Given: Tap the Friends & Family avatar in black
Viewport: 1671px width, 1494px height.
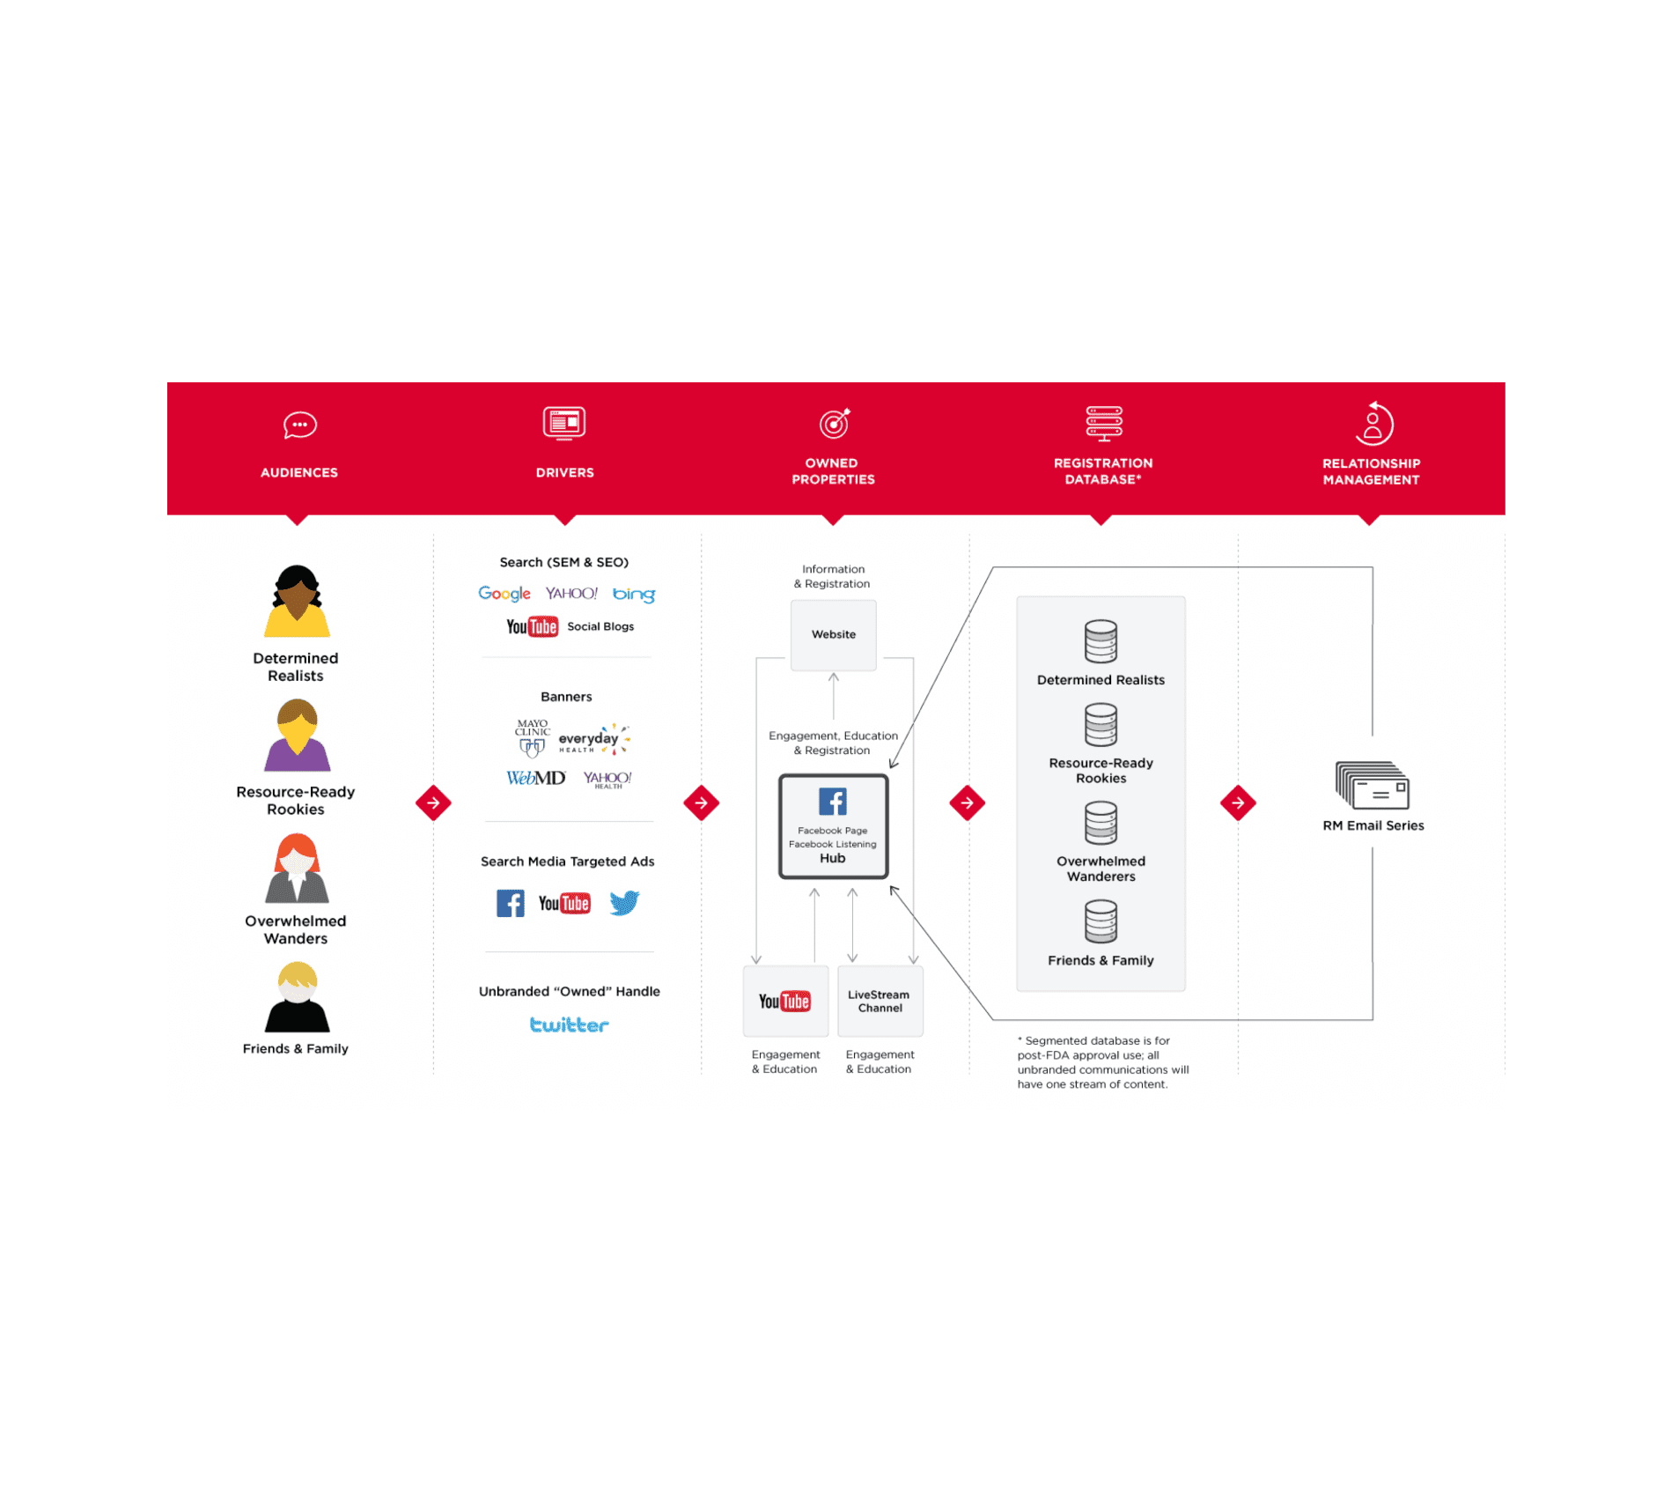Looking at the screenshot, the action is pos(297,997).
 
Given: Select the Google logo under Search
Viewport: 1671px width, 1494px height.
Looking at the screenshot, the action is pos(504,594).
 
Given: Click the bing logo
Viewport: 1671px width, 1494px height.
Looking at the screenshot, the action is pos(634,595).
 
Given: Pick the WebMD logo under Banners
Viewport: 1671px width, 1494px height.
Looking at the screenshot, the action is pos(535,778).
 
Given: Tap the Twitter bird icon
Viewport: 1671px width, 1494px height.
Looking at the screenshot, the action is pos(624,903).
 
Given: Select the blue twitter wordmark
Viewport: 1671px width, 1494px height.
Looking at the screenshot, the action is pos(570,1024).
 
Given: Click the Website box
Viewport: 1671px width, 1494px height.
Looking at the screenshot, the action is pos(833,635).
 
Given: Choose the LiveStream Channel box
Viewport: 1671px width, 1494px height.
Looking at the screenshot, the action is pos(880,1002).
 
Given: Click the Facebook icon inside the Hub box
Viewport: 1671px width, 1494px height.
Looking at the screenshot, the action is pos(833,802).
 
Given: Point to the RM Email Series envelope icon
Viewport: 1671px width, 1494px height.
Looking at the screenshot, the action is pos(1373,786).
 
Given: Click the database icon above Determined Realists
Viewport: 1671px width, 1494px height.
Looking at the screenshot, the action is pos(1101,641).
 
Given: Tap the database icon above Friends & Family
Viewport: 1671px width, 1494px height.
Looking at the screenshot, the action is pos(1101,921).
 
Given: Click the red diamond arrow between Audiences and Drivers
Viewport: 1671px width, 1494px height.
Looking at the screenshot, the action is pos(433,802).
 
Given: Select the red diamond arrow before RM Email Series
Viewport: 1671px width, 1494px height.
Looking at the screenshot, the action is pos(1238,802).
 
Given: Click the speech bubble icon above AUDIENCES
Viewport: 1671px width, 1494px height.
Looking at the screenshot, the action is pos(300,425).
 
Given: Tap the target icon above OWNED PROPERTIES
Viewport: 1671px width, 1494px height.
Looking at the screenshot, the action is pos(835,423).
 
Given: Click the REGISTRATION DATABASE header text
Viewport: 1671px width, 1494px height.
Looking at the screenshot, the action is pos(1103,471).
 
